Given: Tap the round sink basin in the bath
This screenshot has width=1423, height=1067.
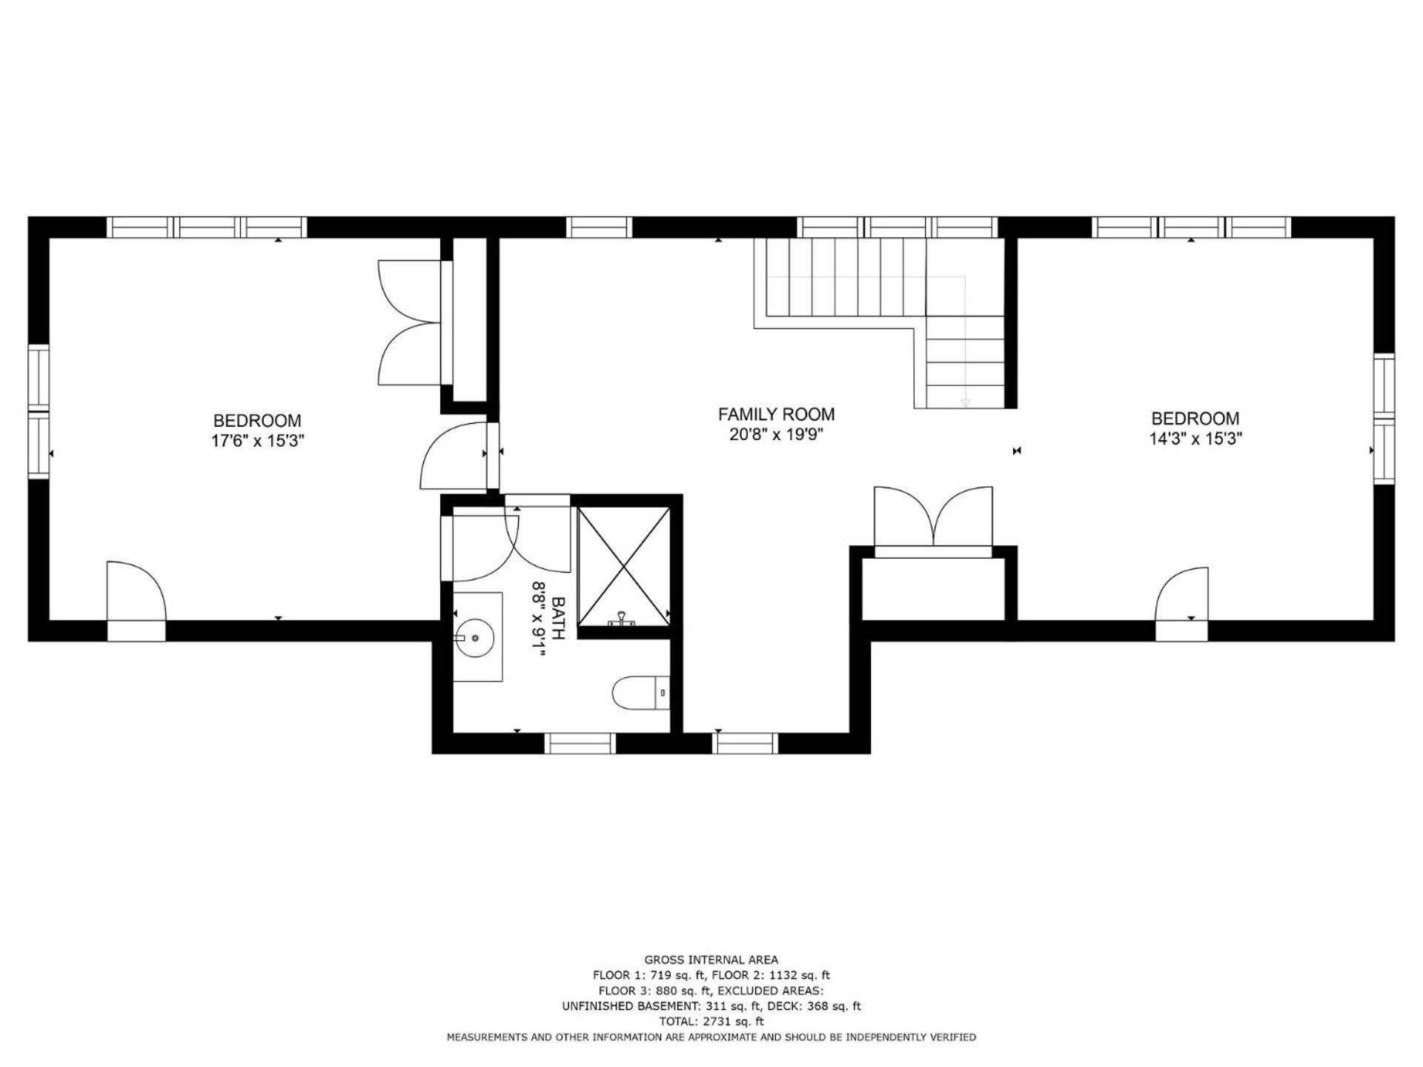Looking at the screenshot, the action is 474,636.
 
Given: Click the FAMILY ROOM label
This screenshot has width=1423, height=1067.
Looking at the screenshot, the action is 776,414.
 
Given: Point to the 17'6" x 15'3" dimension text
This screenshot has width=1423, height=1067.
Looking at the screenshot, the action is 257,441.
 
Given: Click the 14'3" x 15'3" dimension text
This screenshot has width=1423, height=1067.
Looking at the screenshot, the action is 1195,438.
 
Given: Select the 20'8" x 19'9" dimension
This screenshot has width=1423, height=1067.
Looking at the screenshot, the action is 776,434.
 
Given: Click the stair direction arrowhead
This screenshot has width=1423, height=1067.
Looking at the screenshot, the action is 965,403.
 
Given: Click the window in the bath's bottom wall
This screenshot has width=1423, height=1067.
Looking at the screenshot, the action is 580,743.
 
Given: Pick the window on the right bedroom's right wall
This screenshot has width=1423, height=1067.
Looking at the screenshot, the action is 1384,419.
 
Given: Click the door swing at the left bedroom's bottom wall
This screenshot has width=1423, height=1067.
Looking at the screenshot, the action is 136,591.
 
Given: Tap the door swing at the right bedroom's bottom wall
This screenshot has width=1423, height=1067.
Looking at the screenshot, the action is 1182,594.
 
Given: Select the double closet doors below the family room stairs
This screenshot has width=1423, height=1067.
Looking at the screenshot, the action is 933,516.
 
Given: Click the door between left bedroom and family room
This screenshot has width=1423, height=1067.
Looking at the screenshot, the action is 454,456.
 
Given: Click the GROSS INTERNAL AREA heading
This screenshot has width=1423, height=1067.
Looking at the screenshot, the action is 711,960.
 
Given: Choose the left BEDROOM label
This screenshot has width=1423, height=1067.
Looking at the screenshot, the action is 257,421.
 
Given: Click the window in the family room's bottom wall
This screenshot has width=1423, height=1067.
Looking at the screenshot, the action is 746,743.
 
